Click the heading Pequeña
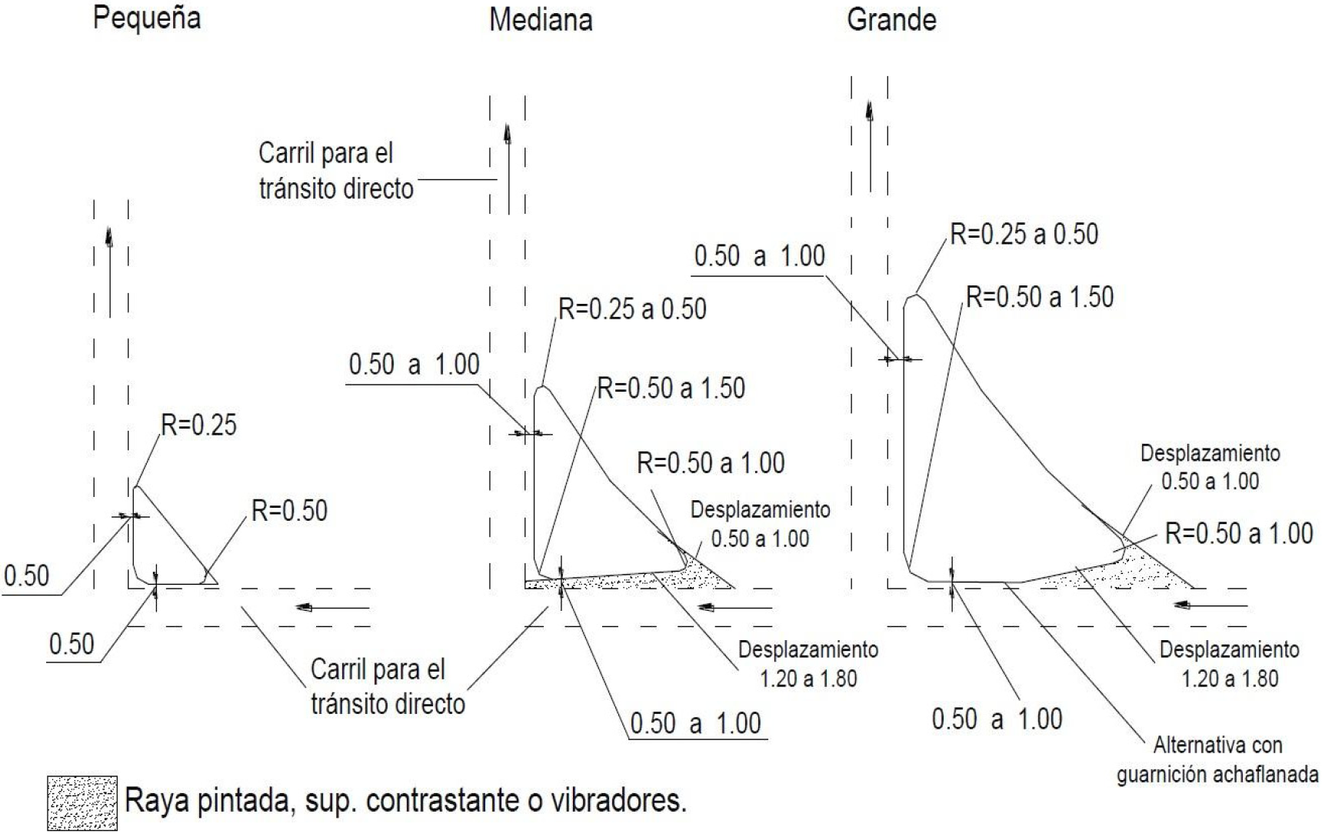click(x=147, y=18)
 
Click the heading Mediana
click(x=541, y=20)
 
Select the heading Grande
click(x=891, y=19)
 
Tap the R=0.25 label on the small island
click(x=199, y=425)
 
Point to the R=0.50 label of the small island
click(x=290, y=510)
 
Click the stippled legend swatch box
click(x=82, y=803)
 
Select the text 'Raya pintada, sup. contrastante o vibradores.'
click(x=405, y=801)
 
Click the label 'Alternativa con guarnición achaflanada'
click(x=1218, y=759)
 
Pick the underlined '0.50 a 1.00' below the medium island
click(x=695, y=723)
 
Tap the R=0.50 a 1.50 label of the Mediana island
click(x=671, y=388)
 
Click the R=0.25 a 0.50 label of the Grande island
click(x=1024, y=234)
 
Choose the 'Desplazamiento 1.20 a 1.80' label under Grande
click(x=1230, y=664)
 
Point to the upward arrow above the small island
click(x=110, y=272)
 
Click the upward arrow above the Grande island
click(x=870, y=146)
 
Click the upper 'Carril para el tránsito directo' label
click(x=336, y=171)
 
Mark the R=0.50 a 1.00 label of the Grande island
click(x=1239, y=533)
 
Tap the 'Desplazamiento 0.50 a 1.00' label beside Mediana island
click(x=760, y=524)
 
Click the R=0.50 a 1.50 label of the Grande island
click(x=1040, y=297)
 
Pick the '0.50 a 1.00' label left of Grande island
click(x=760, y=255)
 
